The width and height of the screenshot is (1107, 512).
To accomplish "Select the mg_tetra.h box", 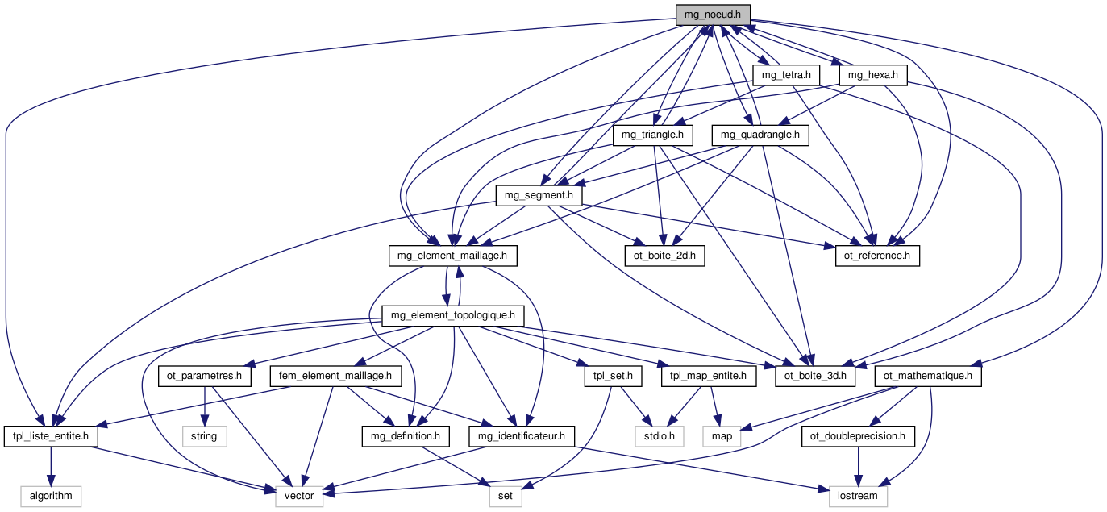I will coord(785,75).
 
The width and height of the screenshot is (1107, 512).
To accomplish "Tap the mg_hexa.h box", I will coord(873,75).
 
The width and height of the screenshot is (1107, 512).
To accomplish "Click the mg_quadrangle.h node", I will coord(760,135).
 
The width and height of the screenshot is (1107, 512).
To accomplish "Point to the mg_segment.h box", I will coord(538,194).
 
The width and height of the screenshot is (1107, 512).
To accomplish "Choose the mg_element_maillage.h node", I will coord(452,256).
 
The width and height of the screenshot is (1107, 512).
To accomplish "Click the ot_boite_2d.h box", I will coord(664,256).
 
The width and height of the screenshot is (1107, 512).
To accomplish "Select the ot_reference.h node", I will coord(876,256).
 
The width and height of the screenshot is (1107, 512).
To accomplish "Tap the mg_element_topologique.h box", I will coord(453,314).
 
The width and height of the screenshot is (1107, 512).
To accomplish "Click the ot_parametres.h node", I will coord(205,375).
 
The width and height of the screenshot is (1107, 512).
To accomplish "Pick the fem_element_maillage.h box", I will coord(335,375).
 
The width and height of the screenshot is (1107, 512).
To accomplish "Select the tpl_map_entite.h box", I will coord(708,375).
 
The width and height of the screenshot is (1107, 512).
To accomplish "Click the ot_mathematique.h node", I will coord(928,375).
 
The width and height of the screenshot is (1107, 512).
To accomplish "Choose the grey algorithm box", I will coord(52,496).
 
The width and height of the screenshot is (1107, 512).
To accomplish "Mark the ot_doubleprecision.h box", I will coord(858,436).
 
